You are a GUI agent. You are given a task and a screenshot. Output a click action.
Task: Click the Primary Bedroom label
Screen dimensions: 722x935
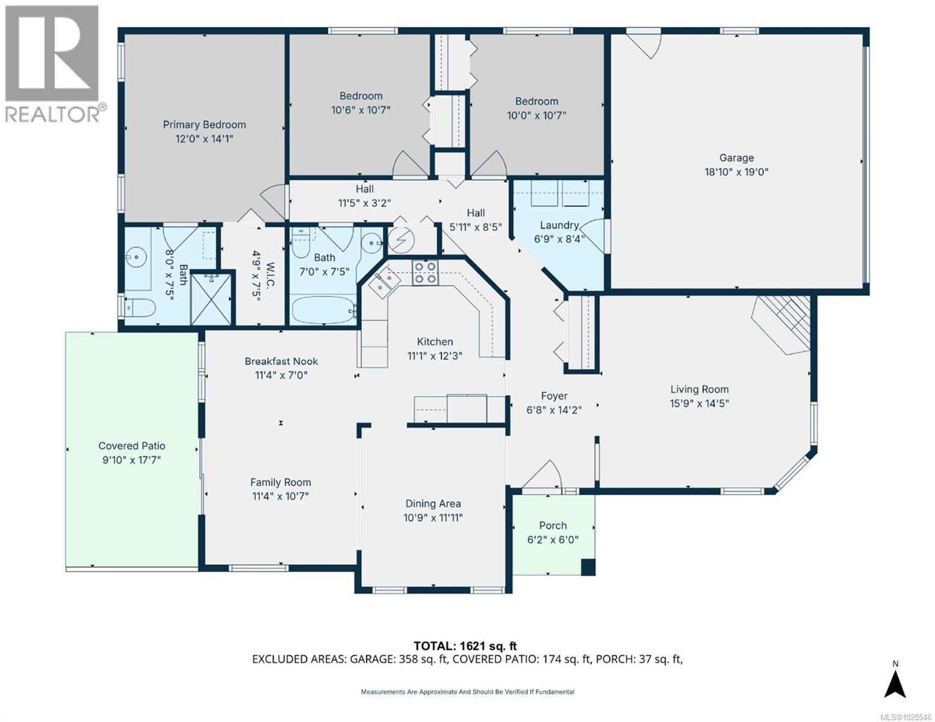point(204,125)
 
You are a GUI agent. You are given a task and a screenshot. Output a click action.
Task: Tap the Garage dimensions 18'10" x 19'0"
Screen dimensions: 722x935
point(736,171)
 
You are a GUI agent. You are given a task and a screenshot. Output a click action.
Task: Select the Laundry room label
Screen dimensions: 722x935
point(559,225)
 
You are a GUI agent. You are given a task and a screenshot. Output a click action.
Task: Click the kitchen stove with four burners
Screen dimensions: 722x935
point(424,273)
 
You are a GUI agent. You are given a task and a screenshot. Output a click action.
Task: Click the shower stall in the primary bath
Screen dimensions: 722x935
point(211,298)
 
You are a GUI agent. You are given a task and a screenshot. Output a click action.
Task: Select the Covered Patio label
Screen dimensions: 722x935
point(132,446)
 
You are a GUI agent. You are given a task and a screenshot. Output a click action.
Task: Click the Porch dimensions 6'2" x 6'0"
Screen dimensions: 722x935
point(553,540)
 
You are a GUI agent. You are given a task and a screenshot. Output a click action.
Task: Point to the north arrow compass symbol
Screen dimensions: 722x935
point(895,682)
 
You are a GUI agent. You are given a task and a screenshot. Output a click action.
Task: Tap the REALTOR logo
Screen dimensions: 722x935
point(52,64)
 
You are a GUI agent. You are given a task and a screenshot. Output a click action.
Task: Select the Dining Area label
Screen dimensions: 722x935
point(433,504)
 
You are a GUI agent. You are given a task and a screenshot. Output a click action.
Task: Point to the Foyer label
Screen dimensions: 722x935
point(554,396)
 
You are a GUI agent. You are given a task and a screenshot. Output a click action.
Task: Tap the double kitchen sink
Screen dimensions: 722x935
point(382,282)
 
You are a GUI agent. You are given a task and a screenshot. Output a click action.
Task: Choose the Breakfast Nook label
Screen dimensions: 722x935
point(281,361)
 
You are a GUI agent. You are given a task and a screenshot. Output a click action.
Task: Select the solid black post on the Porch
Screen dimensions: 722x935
point(588,567)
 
